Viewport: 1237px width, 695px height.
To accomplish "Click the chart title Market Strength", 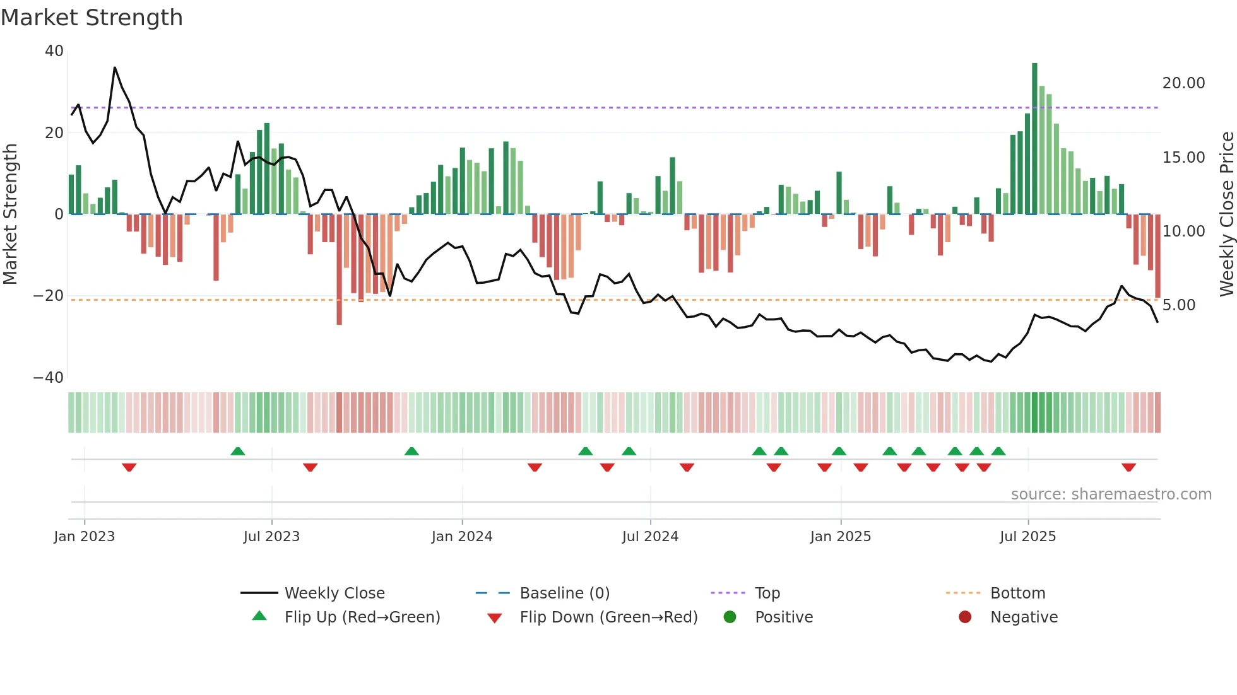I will [92, 18].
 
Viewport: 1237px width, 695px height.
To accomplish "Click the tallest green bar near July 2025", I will [1034, 139].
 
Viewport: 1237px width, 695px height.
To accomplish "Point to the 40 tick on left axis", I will [54, 51].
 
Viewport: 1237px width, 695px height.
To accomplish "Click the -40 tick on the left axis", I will [49, 378].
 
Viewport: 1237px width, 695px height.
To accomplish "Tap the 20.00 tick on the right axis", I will [1183, 83].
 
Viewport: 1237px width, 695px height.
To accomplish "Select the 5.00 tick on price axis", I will [1178, 305].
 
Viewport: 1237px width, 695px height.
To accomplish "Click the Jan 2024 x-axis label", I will [461, 537].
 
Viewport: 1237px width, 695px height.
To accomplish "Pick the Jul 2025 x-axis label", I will [1027, 537].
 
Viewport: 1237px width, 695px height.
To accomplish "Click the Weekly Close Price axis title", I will [1226, 214].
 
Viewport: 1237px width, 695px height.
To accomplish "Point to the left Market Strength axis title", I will [11, 214].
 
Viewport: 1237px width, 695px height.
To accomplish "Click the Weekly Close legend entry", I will [334, 593].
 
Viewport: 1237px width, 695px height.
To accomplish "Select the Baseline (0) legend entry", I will [564, 593].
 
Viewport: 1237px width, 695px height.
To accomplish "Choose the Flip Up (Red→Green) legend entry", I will [362, 617].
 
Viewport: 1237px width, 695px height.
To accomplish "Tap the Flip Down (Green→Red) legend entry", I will [608, 617].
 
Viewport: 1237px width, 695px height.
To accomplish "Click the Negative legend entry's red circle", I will [964, 617].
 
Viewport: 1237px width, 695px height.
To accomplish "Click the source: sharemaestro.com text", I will [1111, 494].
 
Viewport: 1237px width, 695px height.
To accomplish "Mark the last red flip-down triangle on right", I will [1128, 467].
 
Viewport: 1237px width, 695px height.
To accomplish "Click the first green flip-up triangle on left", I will [237, 451].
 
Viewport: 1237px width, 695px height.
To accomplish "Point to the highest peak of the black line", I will [115, 67].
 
